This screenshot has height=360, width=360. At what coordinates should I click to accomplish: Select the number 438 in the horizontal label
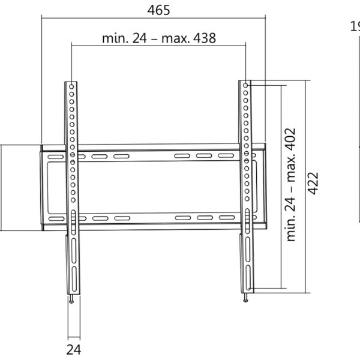(x=204, y=38)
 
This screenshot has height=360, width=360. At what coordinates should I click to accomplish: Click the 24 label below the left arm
(x=74, y=349)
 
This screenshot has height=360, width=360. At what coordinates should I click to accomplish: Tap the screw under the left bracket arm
(x=71, y=300)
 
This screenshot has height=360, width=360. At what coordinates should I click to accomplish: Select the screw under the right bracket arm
(x=246, y=298)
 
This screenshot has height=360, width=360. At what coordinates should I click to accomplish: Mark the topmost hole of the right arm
(x=246, y=85)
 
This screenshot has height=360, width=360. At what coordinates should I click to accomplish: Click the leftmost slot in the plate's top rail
(x=55, y=157)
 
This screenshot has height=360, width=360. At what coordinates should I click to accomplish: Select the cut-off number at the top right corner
(x=355, y=26)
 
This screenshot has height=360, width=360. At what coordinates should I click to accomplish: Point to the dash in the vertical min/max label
(x=292, y=187)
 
